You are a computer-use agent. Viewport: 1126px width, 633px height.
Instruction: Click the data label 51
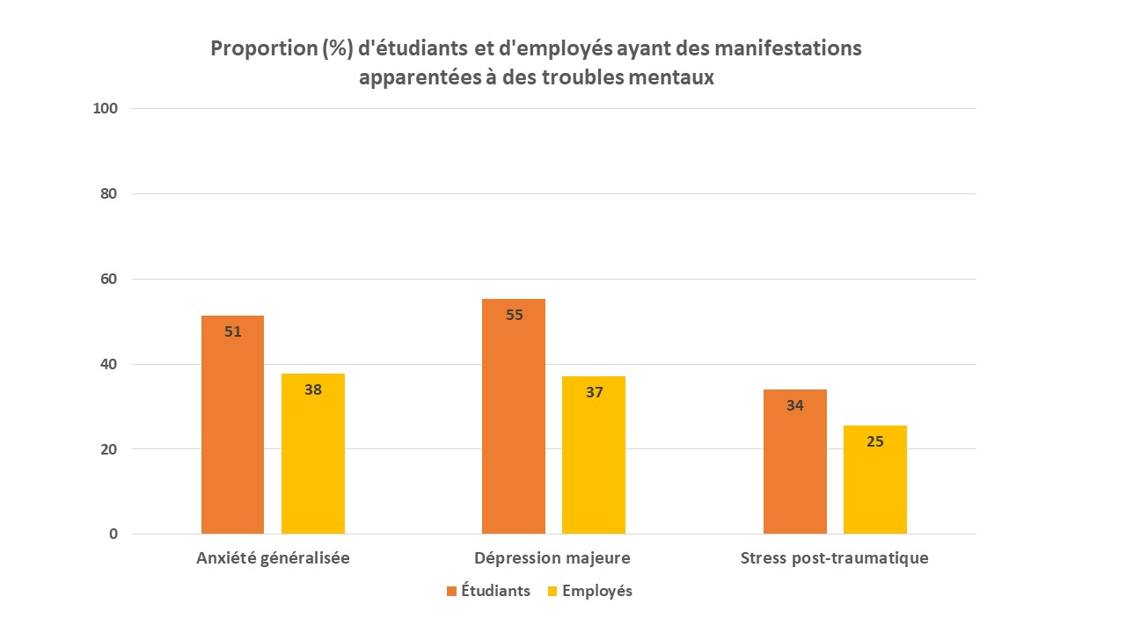[x=232, y=332]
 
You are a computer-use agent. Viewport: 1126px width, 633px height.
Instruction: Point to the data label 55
[x=514, y=315]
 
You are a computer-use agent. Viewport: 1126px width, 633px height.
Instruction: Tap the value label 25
[x=874, y=441]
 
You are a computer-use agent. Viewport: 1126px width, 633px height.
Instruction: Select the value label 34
[x=794, y=406]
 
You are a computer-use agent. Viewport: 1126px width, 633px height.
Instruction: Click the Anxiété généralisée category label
[x=273, y=558]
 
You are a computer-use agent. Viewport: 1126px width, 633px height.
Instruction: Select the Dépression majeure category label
[x=552, y=558]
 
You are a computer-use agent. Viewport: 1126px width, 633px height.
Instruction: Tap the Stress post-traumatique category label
[x=834, y=558]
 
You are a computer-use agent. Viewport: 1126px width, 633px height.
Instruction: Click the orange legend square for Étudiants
[x=452, y=591]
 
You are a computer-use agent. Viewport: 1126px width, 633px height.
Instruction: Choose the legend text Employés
[x=597, y=591]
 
